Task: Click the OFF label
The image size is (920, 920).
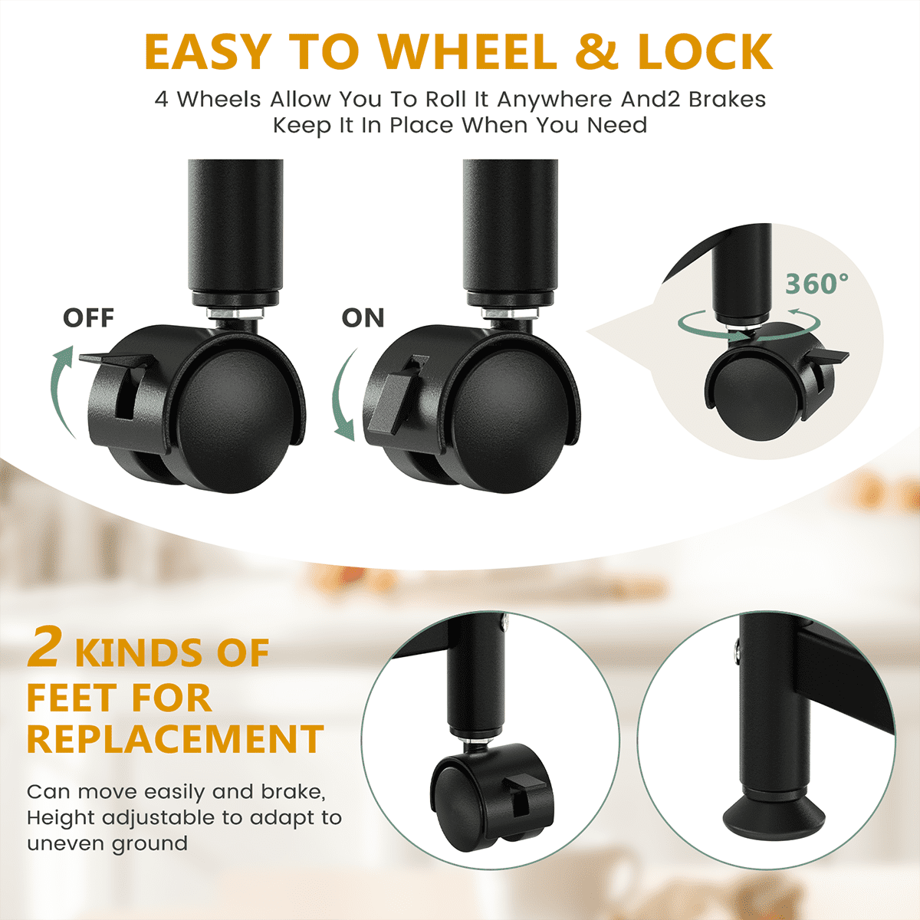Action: coord(88,318)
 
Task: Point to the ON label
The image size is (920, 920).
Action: coord(363,318)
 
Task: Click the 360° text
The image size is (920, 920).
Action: coord(816,284)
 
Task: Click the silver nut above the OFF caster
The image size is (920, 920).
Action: coord(235,314)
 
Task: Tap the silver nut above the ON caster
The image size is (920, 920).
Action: coord(511,314)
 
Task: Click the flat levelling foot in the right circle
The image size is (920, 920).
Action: coord(774,818)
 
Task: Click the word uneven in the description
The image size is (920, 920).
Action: coord(67,843)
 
